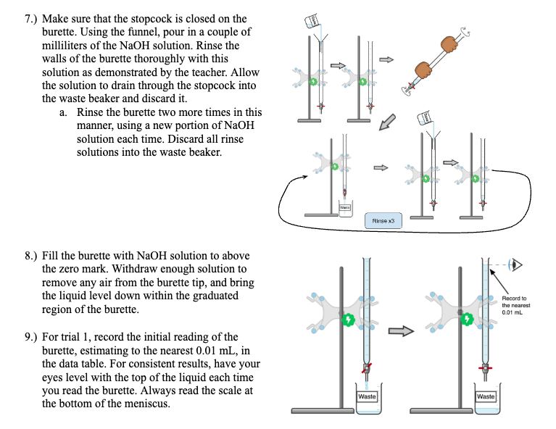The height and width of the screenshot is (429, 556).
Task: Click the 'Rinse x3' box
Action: pos(382,220)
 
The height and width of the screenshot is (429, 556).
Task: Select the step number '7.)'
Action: pos(25,20)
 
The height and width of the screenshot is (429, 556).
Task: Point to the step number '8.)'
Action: pos(25,256)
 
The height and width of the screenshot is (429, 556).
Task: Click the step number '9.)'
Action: pos(25,338)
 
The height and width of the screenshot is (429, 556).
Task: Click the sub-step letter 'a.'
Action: pos(64,112)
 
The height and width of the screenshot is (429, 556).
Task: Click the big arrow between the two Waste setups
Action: pos(401,332)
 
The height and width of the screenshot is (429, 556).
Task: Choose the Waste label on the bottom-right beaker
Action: pos(485,396)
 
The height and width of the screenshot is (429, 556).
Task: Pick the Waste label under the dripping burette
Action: pos(368,396)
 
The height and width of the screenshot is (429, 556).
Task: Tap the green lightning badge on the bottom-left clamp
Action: pos(349,319)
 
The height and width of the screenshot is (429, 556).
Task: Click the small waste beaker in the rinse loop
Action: pos(345,209)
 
